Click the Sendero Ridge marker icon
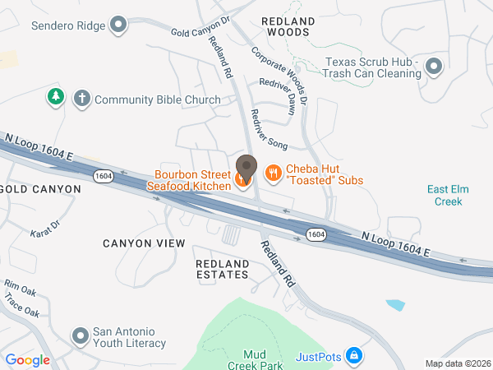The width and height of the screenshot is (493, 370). (119, 25)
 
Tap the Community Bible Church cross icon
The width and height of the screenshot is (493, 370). (81, 99)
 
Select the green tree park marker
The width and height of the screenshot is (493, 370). (56, 97)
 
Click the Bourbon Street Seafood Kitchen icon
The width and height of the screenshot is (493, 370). (244, 178)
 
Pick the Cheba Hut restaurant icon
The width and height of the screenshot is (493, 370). (272, 173)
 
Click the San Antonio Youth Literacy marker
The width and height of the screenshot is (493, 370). (81, 336)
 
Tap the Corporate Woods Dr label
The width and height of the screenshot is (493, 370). (279, 75)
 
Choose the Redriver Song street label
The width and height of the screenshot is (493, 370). (269, 129)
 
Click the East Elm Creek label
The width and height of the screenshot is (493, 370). (449, 195)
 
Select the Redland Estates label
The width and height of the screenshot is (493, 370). (222, 268)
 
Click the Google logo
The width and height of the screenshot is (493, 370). (27, 360)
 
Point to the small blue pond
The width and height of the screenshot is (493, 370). (395, 305)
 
